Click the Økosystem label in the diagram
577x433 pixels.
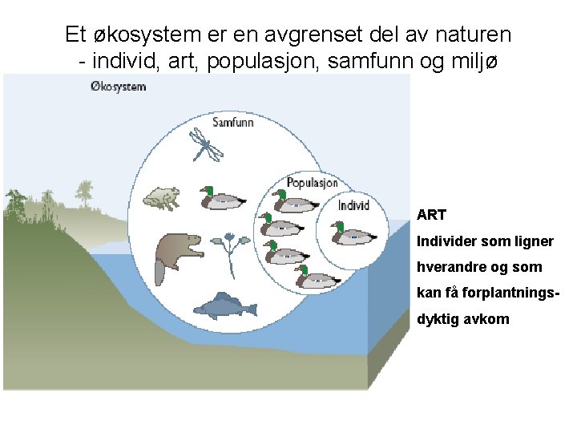119,86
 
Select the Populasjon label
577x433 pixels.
312,183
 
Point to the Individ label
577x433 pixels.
353,205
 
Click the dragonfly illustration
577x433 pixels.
208,145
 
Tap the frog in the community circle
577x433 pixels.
161,197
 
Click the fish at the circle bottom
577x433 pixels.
224,306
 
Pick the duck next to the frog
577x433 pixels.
223,200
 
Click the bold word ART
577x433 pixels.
431,215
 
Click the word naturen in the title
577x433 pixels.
471,35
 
